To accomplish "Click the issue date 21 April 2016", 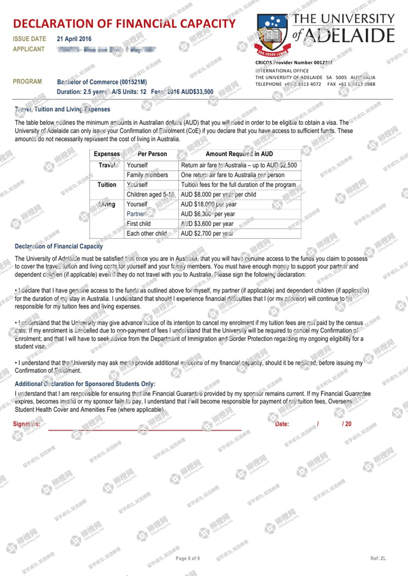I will coord(74,39).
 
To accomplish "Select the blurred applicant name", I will coord(107,50).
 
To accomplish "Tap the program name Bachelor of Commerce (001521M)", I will coord(102,82).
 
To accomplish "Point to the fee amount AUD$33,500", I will coord(197,92).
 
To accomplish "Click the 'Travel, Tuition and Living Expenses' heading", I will coord(62,109).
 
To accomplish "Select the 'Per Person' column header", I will coord(152,154).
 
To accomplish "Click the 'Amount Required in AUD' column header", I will coord(239,154).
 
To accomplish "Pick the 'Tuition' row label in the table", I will coord(107,185).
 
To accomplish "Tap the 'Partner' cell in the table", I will coord(136,214).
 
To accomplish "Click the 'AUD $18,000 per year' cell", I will coord(209,204).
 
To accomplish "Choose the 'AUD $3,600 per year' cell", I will coord(207,224).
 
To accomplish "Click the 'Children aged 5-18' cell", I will coord(150,195).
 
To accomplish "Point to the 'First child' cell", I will coord(139,224).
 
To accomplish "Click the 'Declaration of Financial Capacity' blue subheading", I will coord(59,246).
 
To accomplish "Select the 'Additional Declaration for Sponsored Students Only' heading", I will coord(85,384).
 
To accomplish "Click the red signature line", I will coord(145,430).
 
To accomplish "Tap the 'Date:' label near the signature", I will coord(282,424).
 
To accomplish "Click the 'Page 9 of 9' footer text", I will coord(188,558).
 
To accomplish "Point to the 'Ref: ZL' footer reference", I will coord(378,558).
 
